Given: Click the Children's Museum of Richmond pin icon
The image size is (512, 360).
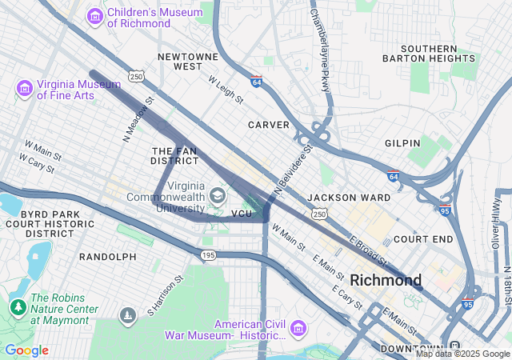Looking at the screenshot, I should click(95, 15).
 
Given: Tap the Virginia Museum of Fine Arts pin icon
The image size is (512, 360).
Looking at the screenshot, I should click(24, 86).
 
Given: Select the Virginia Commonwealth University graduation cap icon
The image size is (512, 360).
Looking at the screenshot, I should click(217, 195).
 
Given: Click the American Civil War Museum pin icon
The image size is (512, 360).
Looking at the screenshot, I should click(298, 327).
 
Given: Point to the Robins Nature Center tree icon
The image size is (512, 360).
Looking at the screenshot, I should click(18, 306).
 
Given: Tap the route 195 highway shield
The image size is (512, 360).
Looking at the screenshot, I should click(208, 254).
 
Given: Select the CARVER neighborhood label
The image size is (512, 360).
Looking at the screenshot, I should click(268, 125).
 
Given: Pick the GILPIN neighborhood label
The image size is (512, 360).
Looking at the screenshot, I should click(402, 143).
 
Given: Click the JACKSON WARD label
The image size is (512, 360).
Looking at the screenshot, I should click(349, 197).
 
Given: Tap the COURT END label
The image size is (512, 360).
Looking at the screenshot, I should click(423, 239).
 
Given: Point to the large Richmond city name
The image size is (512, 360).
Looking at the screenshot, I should click(386, 280).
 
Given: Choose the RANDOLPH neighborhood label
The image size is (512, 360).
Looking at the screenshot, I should click(108, 257).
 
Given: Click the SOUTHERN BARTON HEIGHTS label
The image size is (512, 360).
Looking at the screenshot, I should click(439, 53).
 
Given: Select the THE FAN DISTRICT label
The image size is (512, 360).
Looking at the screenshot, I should click(174, 155).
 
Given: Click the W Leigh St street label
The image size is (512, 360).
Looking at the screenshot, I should click(226, 90).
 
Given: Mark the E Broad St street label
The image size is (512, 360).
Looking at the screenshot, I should click(368, 252).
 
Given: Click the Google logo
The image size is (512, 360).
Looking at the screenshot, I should click(26, 350).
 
